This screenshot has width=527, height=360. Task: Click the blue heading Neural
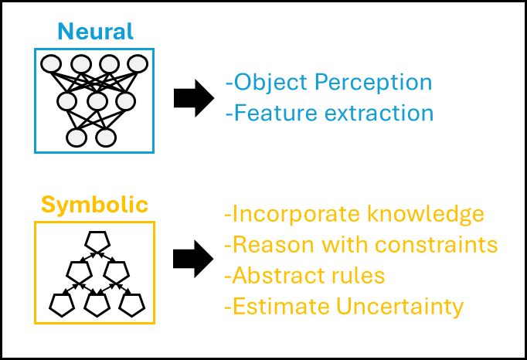(94, 32)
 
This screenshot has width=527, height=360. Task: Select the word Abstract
(275, 276)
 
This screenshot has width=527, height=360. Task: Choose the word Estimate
(280, 307)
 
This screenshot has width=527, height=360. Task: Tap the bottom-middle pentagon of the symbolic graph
(95, 304)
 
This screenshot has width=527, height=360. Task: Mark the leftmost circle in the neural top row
(52, 64)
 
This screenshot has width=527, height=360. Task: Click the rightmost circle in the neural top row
(138, 64)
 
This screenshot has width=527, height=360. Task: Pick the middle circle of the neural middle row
(97, 100)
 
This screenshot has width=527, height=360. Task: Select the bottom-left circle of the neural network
(76, 138)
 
